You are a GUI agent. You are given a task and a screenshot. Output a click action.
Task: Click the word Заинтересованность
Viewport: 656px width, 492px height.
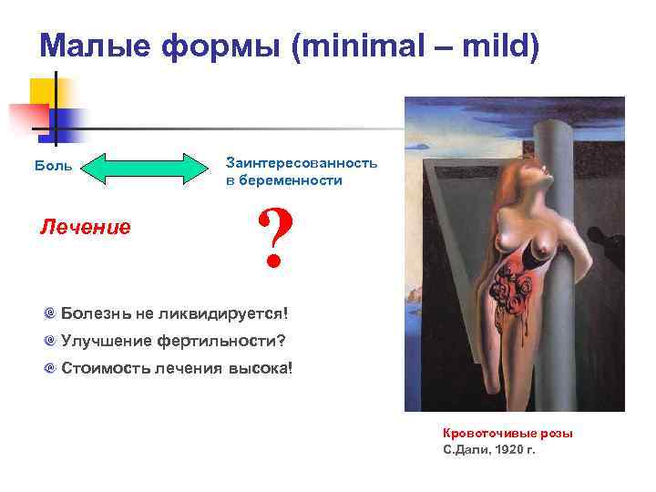301,162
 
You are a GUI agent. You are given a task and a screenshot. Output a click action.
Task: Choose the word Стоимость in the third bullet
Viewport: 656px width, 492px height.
99,368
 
